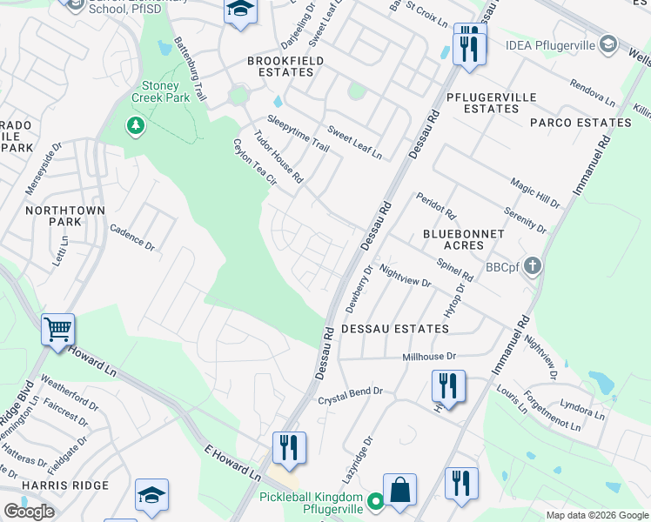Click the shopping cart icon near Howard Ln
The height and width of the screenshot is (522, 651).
tap(57, 330)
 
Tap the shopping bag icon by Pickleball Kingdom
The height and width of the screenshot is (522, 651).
tap(399, 490)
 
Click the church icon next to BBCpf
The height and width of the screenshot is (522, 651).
tap(533, 267)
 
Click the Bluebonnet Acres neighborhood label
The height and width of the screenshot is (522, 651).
tap(464, 240)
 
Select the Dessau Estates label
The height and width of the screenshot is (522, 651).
tap(394, 330)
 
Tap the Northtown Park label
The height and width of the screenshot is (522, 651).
tap(65, 217)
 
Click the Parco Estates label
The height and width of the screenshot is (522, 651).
tap(581, 123)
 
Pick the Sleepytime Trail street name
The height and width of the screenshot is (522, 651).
tap(298, 134)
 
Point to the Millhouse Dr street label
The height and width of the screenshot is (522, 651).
tap(428, 357)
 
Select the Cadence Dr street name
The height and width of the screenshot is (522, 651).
tap(131, 238)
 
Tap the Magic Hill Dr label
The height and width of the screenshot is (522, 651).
tap(534, 191)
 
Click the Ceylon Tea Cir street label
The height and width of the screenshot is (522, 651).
tap(253, 163)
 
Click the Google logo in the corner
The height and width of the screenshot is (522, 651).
tap(29, 512)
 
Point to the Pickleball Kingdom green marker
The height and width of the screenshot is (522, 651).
tap(375, 501)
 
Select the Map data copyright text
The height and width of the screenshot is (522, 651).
tap(596, 515)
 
